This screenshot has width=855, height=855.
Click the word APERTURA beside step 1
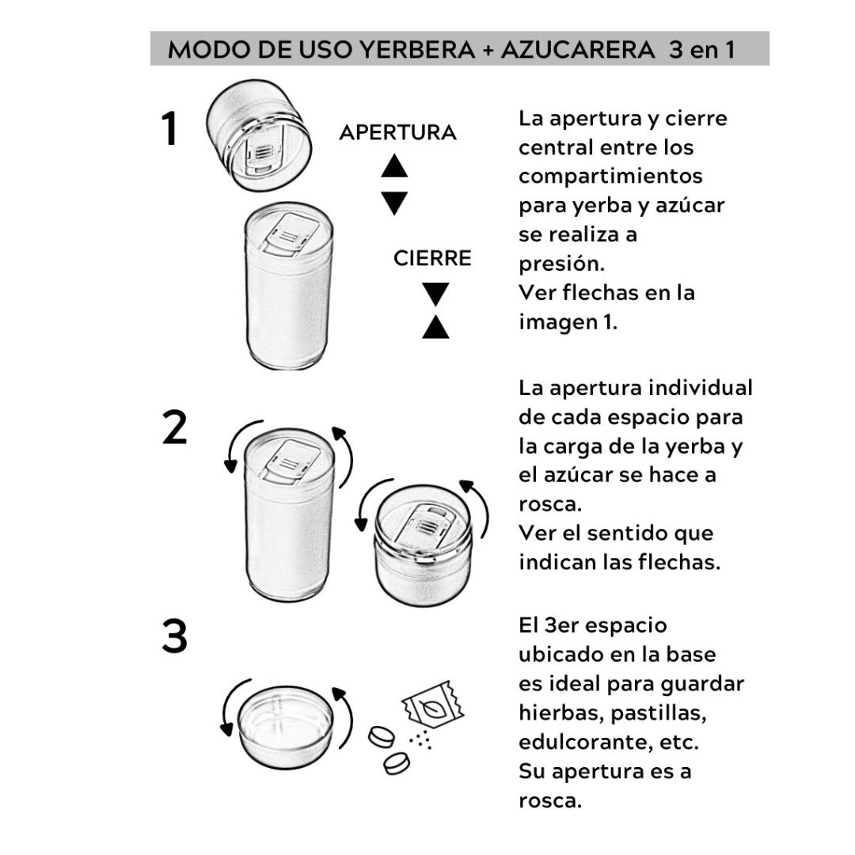click(397, 132)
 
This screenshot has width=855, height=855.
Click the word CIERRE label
click(432, 258)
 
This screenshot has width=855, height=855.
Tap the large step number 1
click(171, 129)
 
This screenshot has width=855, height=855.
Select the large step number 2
click(174, 428)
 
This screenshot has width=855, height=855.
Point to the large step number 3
click(174, 636)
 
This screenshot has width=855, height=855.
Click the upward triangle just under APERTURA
click(394, 165)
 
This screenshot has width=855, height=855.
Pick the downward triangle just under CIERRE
click(435, 294)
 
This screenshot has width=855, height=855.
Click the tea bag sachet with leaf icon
click(433, 705)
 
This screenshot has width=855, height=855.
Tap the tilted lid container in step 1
click(259, 135)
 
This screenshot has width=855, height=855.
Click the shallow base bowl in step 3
click(285, 727)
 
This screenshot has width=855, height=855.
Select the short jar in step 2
click(423, 545)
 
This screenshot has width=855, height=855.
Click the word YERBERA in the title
click(417, 50)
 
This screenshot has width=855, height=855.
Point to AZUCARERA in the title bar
click(578, 50)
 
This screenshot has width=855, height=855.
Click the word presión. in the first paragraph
click(561, 264)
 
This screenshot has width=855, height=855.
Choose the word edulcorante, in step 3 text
click(584, 742)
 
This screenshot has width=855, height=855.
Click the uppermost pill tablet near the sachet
click(382, 737)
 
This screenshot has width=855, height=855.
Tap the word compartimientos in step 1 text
click(610, 177)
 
